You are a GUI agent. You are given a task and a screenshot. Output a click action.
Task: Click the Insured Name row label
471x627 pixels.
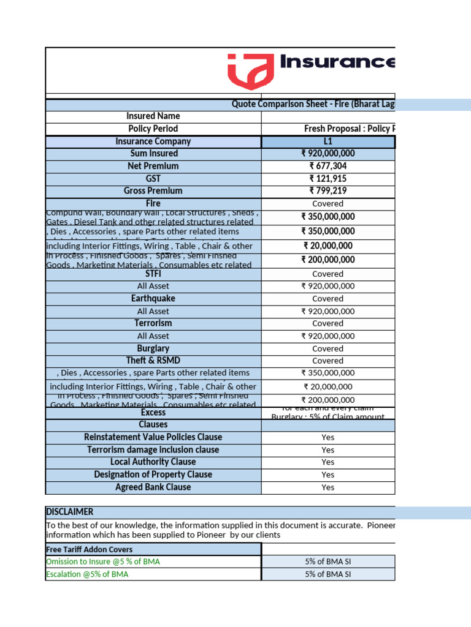(153, 116)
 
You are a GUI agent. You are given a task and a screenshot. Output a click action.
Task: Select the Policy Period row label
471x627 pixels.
(153, 129)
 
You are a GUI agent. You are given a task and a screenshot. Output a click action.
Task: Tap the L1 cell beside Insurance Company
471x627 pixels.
(328, 141)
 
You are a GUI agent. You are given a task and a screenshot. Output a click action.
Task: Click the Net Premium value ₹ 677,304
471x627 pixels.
(328, 166)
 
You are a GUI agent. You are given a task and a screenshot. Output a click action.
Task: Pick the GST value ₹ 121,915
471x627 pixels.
(328, 178)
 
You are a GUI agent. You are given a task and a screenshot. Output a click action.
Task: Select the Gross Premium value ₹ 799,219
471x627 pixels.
(328, 191)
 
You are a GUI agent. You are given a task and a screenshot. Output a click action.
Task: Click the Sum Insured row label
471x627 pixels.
(153, 154)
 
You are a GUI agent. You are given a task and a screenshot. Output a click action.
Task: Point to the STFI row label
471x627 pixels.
(153, 274)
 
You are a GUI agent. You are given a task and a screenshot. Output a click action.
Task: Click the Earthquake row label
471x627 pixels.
(153, 298)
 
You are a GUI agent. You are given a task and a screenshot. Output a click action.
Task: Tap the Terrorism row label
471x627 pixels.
(153, 323)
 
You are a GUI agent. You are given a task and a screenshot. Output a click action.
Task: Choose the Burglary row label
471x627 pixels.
(153, 348)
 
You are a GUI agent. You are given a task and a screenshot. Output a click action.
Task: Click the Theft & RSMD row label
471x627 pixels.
(153, 361)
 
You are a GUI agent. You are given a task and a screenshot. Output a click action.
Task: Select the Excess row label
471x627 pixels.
(153, 413)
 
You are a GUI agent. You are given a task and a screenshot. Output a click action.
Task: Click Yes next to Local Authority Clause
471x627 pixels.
(328, 462)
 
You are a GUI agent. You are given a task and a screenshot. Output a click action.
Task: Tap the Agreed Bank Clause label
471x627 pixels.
(153, 487)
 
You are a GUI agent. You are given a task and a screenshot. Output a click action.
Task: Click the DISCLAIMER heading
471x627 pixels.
(69, 512)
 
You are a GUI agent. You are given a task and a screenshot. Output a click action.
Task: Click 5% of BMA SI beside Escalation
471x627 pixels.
(328, 574)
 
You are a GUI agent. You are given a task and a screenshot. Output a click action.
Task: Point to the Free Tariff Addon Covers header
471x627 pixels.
(90, 549)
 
